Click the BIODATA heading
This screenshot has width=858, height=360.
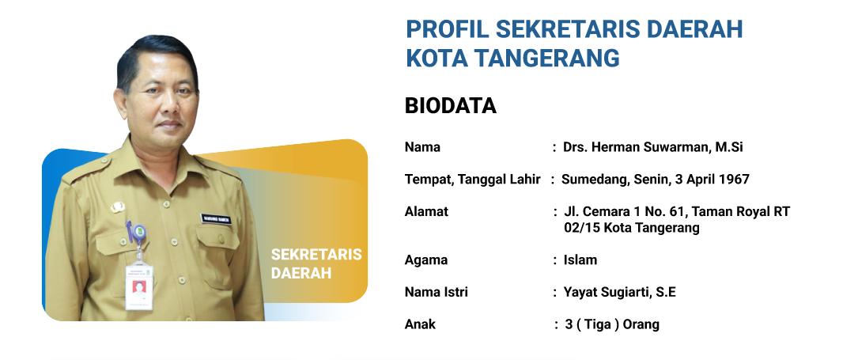pyautogui.click(x=450, y=106)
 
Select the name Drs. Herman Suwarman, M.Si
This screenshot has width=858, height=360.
pyautogui.click(x=653, y=147)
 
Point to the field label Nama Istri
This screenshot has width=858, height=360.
pyautogui.click(x=436, y=292)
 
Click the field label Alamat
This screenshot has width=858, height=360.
pyautogui.click(x=426, y=212)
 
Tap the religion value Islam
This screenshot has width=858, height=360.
pyautogui.click(x=580, y=260)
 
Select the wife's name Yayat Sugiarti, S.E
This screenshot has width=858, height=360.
pyautogui.click(x=619, y=293)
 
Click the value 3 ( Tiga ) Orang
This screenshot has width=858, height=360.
pyautogui.click(x=612, y=324)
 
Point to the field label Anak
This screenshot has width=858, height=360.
pyautogui.click(x=420, y=324)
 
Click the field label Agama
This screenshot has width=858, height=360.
pyautogui.click(x=425, y=260)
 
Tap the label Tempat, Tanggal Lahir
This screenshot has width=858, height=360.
pyautogui.click(x=473, y=180)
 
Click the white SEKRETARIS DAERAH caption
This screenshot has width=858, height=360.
pyautogui.click(x=316, y=263)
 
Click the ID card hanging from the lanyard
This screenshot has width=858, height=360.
pyautogui.click(x=138, y=285)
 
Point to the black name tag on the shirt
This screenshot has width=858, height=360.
pyautogui.click(x=216, y=218)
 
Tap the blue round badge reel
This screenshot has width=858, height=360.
pyautogui.click(x=139, y=232)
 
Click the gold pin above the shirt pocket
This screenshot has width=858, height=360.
pyautogui.click(x=118, y=207)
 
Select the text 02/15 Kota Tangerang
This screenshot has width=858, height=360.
pyautogui.click(x=632, y=228)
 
